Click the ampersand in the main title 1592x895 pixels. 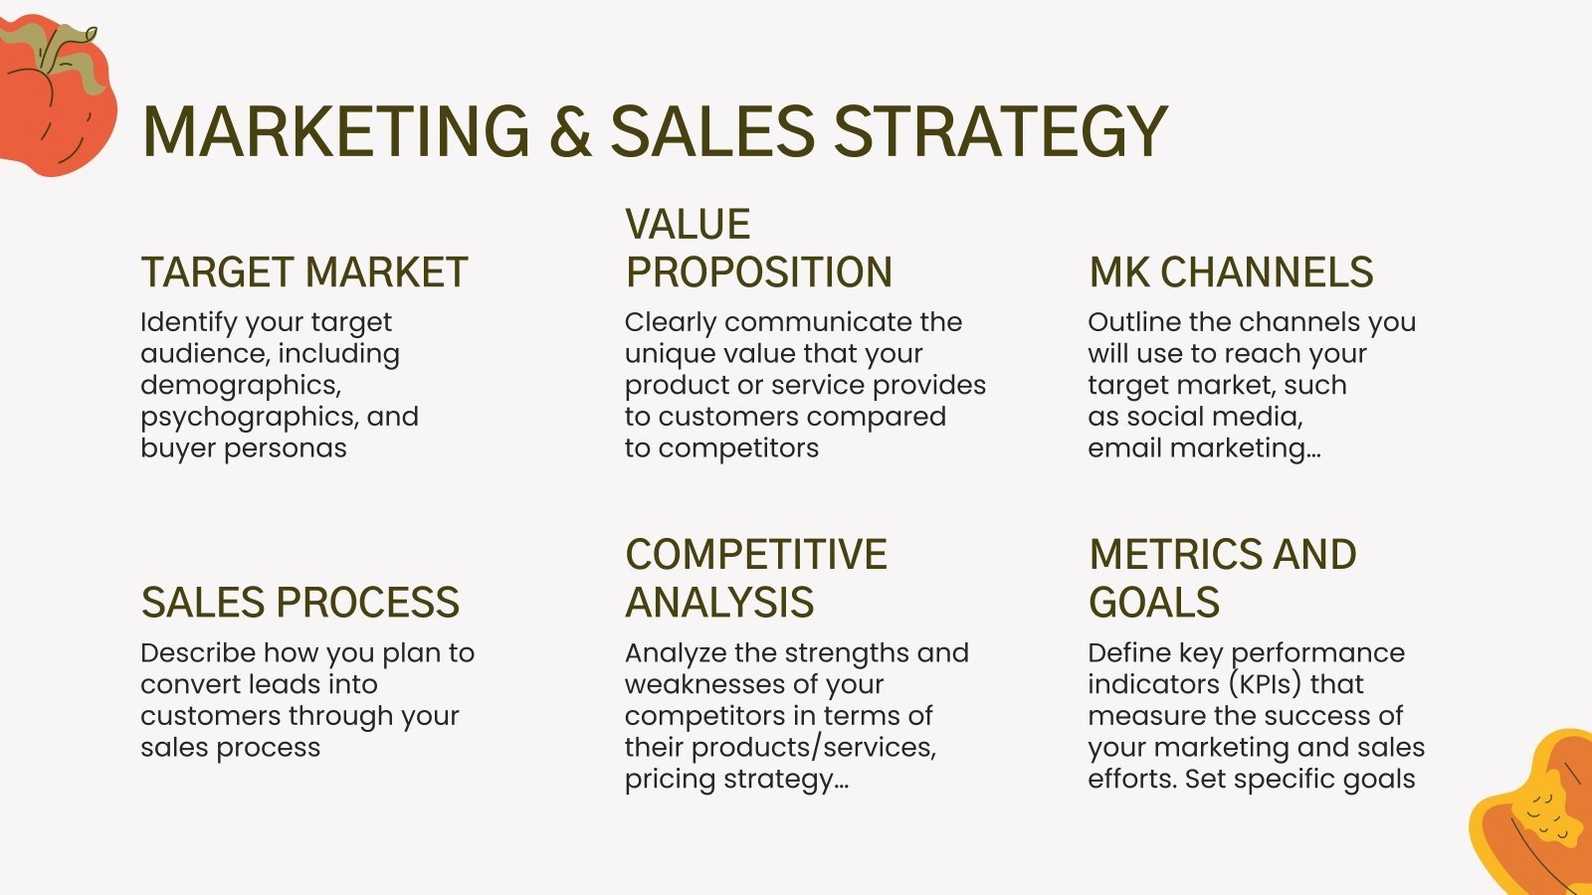click(x=570, y=132)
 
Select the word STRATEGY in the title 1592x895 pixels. click(x=999, y=132)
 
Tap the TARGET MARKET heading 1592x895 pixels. click(x=303, y=272)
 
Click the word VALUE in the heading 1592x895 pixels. click(x=688, y=225)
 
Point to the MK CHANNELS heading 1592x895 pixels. click(x=1231, y=272)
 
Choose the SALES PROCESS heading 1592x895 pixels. click(x=299, y=603)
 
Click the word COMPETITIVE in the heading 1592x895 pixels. click(x=755, y=555)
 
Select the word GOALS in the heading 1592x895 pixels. click(x=1153, y=603)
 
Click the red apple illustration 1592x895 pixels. click(x=50, y=99)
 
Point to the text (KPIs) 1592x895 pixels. click(x=1264, y=684)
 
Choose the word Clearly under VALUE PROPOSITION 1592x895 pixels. click(x=670, y=322)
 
